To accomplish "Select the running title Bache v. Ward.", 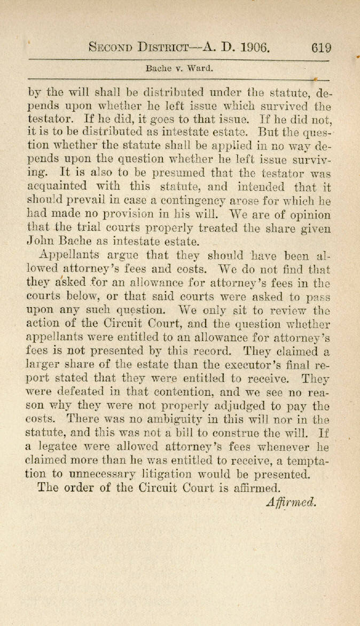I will point(179,68).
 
